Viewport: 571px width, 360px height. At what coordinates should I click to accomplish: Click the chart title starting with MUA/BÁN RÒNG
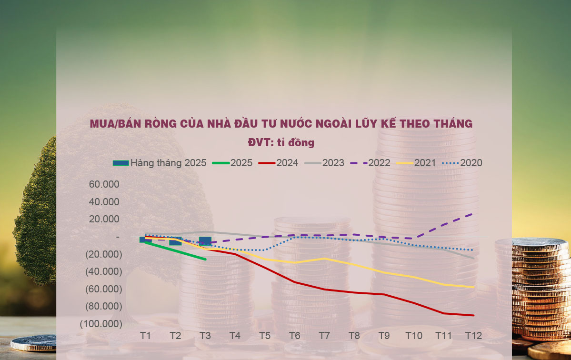click(x=281, y=124)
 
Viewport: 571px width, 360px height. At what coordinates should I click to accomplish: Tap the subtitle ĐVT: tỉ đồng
click(x=281, y=142)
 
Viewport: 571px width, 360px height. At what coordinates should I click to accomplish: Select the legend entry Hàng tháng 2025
click(x=160, y=163)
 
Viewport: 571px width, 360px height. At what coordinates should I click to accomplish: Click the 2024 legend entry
click(x=279, y=163)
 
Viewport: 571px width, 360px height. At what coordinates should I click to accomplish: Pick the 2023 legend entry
click(x=324, y=163)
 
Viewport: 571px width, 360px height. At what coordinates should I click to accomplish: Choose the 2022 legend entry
click(x=370, y=163)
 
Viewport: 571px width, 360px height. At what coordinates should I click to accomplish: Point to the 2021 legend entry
click(x=416, y=163)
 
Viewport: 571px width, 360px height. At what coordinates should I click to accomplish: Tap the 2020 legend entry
click(x=462, y=163)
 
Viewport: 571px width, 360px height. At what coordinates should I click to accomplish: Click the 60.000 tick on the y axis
click(x=104, y=184)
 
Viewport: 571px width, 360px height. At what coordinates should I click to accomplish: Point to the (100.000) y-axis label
click(x=101, y=324)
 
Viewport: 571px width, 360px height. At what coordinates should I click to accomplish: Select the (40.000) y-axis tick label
click(x=103, y=271)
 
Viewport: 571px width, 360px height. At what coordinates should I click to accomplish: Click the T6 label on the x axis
click(x=294, y=336)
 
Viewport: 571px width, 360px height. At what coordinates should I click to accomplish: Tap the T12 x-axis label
click(x=473, y=336)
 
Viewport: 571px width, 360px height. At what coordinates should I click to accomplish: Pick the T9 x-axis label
click(x=384, y=336)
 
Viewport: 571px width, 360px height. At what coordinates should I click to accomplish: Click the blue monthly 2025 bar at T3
click(x=205, y=241)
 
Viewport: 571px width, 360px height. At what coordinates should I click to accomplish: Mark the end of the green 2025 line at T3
click(x=205, y=259)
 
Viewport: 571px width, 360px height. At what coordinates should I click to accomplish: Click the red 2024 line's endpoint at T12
click(x=473, y=315)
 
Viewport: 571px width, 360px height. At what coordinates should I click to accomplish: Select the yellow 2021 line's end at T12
click(x=473, y=287)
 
